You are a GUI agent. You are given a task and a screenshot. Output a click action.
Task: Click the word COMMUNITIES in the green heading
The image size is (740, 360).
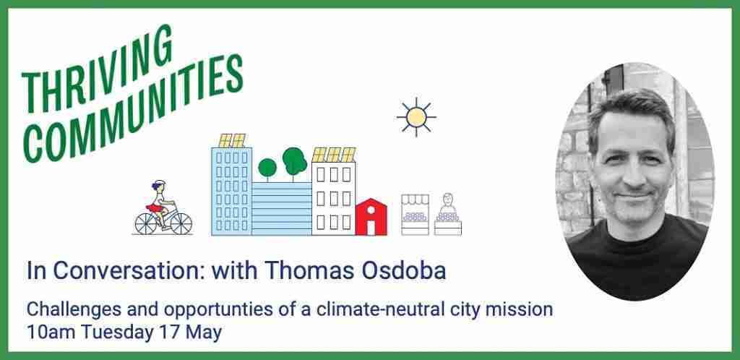point(133,109)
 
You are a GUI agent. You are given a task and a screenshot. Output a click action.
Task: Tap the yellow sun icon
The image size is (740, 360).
point(416,117)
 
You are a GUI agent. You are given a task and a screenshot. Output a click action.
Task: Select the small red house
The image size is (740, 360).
point(371,217)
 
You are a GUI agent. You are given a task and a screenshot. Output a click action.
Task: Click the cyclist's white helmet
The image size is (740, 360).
point(160,183)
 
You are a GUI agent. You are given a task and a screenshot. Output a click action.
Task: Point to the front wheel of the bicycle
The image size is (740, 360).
point(181,223)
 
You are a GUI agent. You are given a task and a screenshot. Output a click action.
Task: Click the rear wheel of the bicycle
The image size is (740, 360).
point(145,223)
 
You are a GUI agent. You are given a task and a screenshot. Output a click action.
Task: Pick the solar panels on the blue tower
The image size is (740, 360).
point(232,140)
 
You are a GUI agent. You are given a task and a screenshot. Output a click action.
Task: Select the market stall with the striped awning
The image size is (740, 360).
point(416,215)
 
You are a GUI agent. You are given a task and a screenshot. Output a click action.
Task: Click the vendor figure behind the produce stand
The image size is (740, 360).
point(448,203)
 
